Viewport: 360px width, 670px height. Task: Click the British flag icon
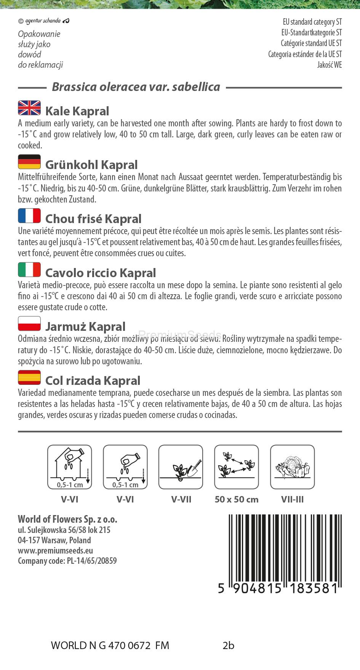pos(29,108)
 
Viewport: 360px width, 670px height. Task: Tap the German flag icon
pos(29,162)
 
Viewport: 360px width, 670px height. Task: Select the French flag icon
pos(29,216)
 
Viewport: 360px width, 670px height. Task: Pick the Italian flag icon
pos(29,270)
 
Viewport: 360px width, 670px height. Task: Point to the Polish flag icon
pos(29,324)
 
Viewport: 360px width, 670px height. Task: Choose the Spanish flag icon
pos(29,377)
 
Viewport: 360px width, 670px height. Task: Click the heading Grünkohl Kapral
pos(91,165)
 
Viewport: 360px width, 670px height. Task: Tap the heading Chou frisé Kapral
pos(93,219)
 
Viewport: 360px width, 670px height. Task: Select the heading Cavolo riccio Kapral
pos(101,273)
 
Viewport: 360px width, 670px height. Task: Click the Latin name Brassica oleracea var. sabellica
pos(136,87)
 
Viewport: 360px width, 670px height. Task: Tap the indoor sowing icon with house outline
pos(70,467)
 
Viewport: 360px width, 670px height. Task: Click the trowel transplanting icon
pos(181,467)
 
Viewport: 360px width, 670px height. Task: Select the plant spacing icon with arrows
pos(237,467)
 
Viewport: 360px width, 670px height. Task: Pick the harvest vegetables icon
pos(292,467)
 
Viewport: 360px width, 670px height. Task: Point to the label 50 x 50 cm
pos(237,499)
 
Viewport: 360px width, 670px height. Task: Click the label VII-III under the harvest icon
pos(292,499)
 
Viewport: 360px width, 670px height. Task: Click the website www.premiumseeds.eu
pos(56,550)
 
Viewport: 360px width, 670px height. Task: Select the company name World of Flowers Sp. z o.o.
pos(67,519)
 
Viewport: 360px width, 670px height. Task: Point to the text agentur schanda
pos(43,21)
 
